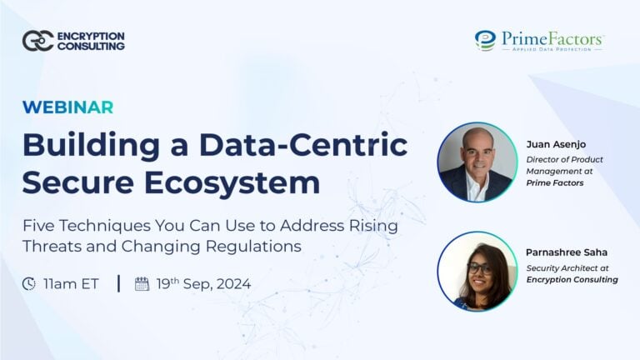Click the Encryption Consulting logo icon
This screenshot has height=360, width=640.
(37, 41)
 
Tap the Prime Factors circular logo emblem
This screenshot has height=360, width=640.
(485, 40)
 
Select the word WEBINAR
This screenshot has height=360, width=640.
(67, 107)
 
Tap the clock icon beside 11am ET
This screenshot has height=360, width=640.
(30, 284)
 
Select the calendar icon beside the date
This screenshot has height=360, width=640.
(142, 284)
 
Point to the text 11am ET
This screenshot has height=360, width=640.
(72, 284)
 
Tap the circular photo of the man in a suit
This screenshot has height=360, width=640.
(477, 162)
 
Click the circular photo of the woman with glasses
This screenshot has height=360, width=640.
(477, 271)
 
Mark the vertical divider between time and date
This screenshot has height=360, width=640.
(118, 284)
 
